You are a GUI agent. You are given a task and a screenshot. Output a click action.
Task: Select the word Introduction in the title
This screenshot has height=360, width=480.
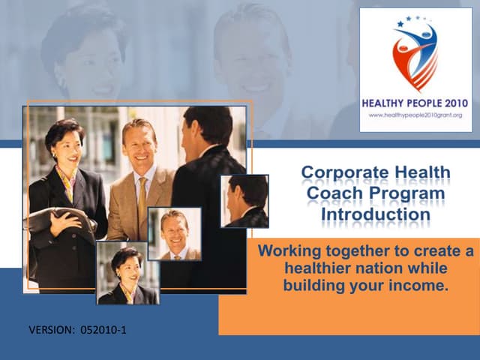(376, 214)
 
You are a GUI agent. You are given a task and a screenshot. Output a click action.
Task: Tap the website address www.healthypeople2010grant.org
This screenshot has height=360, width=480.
(415, 115)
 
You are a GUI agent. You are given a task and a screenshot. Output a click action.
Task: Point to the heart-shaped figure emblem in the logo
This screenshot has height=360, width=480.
(415, 56)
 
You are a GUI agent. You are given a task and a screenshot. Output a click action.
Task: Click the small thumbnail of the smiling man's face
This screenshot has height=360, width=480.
(174, 233)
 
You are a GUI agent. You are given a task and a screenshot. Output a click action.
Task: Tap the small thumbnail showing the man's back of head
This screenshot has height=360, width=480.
(244, 201)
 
